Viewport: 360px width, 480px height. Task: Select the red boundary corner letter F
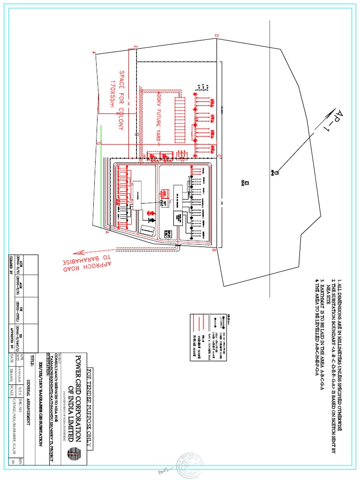click(94, 53)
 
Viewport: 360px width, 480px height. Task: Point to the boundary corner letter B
click(214, 250)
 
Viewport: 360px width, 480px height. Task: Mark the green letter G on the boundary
click(98, 143)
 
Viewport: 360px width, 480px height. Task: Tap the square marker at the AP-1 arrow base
click(276, 173)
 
